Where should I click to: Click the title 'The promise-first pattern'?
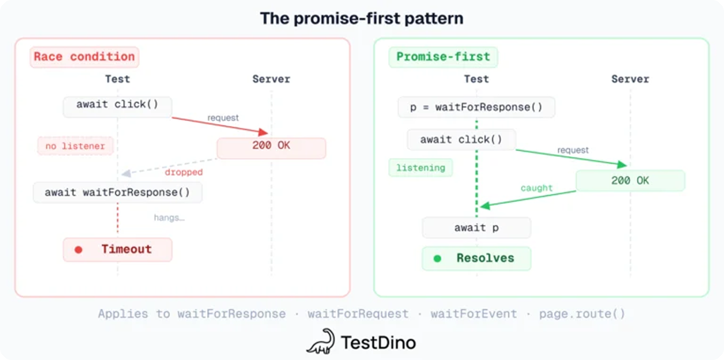pyautogui.click(x=362, y=19)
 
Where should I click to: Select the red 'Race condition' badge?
pyautogui.click(x=84, y=57)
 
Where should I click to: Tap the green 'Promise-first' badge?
pyautogui.click(x=443, y=57)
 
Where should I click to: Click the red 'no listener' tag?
pyautogui.click(x=75, y=146)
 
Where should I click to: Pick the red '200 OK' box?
pyautogui.click(x=271, y=148)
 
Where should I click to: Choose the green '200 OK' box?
pyautogui.click(x=630, y=181)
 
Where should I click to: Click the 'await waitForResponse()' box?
pyautogui.click(x=118, y=192)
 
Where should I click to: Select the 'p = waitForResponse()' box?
pyautogui.click(x=476, y=107)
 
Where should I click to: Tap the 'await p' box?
pyautogui.click(x=476, y=227)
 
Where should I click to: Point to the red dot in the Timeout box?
pyautogui.click(x=79, y=250)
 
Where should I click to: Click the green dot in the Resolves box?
pyautogui.click(x=437, y=259)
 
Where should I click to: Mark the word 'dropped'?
pyautogui.click(x=184, y=172)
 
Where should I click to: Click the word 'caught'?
pyautogui.click(x=536, y=188)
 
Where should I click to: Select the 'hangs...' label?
pyautogui.click(x=169, y=217)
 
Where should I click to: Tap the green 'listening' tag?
pyautogui.click(x=420, y=168)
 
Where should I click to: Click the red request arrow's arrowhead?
pyautogui.click(x=263, y=132)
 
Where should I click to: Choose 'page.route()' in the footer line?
pyautogui.click(x=582, y=314)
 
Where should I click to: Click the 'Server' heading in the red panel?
pyautogui.click(x=271, y=79)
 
